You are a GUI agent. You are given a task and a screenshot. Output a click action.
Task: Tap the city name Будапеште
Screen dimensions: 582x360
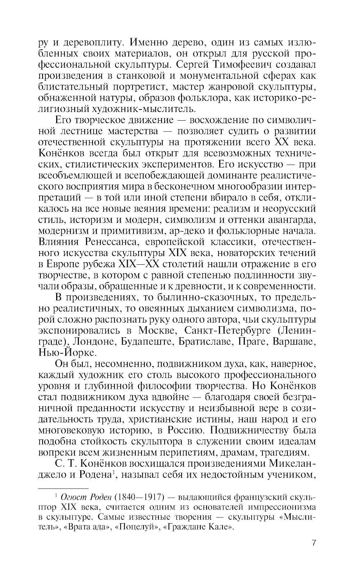click(146, 341)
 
